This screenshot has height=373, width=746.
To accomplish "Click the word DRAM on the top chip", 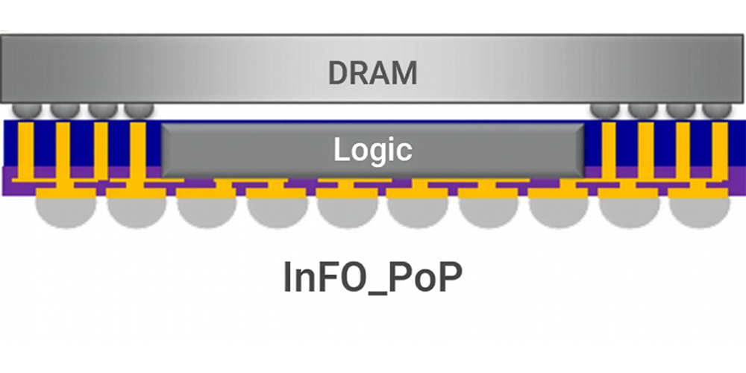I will (372, 73).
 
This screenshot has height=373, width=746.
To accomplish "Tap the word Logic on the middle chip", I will (372, 150).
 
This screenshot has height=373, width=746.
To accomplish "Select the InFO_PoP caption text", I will (372, 278).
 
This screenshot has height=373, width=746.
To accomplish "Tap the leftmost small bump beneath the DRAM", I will (28, 110).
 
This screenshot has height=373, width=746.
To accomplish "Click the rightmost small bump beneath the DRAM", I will (716, 110).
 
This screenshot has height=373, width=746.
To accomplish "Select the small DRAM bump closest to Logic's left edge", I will (139, 110).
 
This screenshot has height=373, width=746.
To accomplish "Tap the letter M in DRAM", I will (404, 73).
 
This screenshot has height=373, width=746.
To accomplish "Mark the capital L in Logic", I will (342, 150).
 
